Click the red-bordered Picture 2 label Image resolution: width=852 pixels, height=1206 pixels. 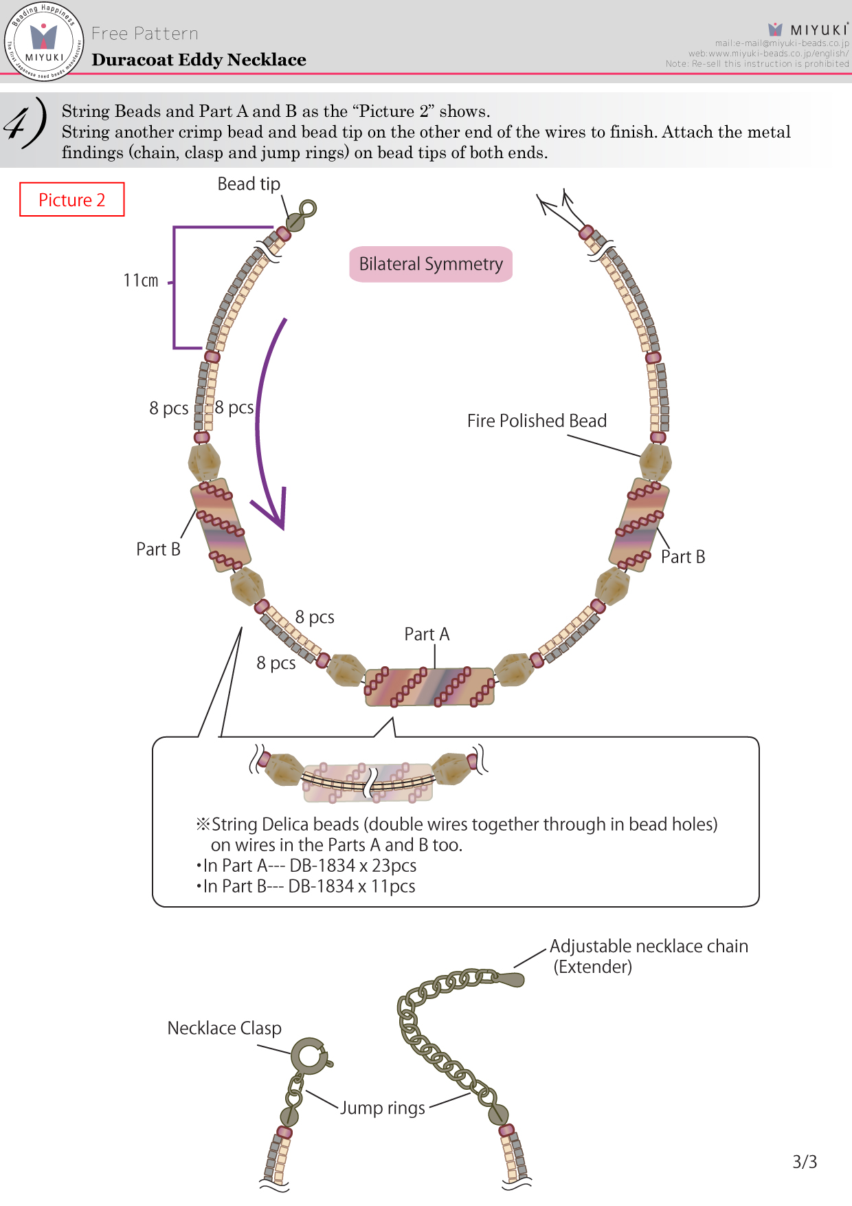coord(72,199)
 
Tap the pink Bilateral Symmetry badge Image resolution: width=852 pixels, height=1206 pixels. coord(431,264)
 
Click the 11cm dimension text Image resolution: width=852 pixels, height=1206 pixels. coord(141,281)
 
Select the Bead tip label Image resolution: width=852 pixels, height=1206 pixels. coord(249,184)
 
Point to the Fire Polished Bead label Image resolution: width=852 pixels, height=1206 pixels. coord(537,421)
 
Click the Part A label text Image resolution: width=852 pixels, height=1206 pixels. coord(427,634)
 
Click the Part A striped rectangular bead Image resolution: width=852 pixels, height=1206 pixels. coord(429,687)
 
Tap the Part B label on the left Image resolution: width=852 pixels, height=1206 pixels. coord(158,549)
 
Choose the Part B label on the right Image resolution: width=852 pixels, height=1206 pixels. coord(683,557)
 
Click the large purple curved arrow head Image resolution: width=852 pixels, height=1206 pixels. coord(273,509)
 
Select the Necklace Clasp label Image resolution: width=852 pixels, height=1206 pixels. coord(225,1028)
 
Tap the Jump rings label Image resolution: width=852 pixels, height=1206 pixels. coord(383,1108)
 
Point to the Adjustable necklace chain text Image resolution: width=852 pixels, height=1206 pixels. coord(649,946)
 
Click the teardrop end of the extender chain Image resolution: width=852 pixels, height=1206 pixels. coord(511,978)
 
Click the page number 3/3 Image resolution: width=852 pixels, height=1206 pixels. coord(805,1162)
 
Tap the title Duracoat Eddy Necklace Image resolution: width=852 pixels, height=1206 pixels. coord(199,60)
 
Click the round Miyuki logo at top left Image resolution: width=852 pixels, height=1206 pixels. coord(44,41)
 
